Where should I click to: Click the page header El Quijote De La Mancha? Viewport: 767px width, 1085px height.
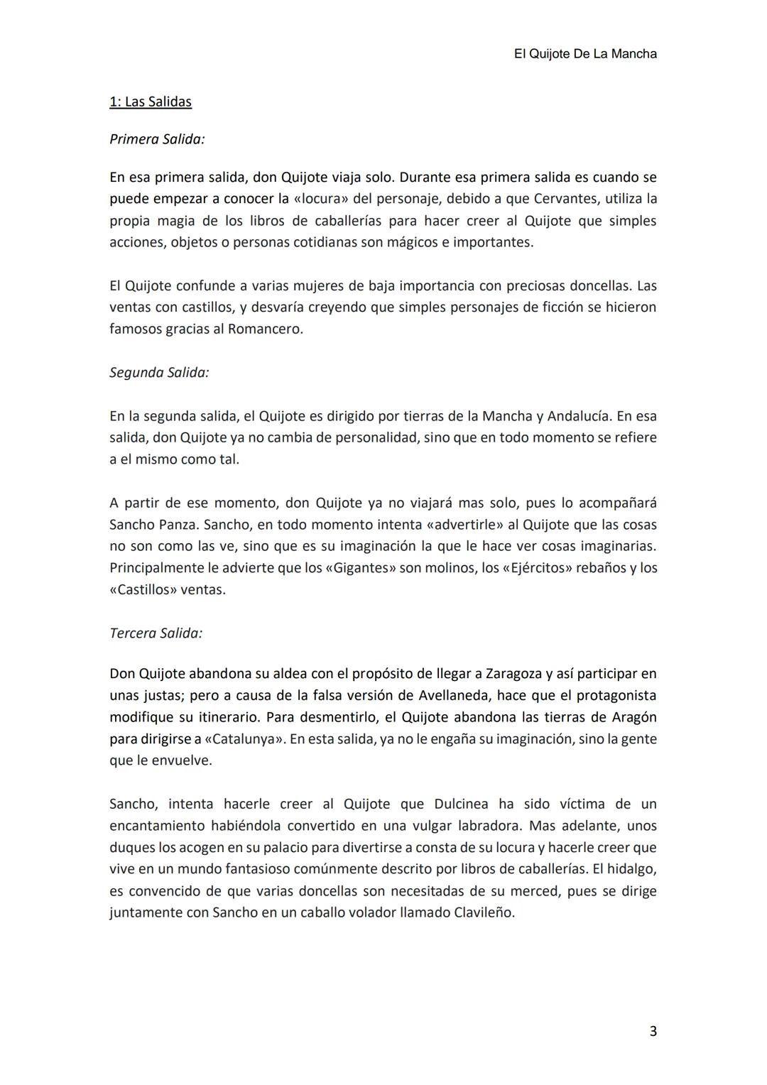point(584,54)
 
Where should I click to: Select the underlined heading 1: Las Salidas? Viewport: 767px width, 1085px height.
point(151,102)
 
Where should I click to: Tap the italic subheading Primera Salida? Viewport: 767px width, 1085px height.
point(157,139)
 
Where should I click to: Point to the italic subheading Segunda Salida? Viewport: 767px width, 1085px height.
point(159,372)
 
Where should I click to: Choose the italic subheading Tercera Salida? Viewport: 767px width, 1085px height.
point(156,633)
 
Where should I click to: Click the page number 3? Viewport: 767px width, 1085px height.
point(653,1031)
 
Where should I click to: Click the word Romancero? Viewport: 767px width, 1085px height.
point(264,329)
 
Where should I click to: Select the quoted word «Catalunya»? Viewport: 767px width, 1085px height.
point(244,738)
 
